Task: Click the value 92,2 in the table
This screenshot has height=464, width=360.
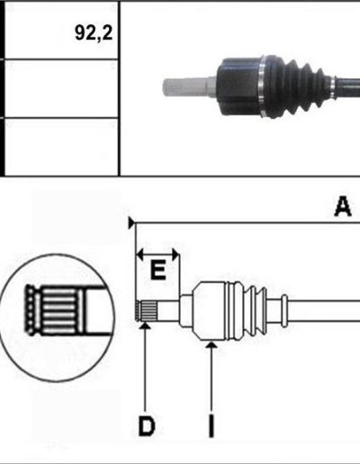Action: pyautogui.click(x=94, y=32)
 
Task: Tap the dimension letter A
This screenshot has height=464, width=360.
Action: pyautogui.click(x=343, y=206)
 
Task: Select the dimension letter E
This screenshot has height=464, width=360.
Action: pyautogui.click(x=157, y=270)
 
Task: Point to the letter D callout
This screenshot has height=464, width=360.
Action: pyautogui.click(x=147, y=426)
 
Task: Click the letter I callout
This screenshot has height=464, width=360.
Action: pyautogui.click(x=211, y=426)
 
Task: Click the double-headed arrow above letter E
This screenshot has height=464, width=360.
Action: pyautogui.click(x=157, y=255)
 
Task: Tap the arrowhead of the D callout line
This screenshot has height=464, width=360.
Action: pyautogui.click(x=145, y=326)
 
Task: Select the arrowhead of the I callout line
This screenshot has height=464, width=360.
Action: pyautogui.click(x=211, y=345)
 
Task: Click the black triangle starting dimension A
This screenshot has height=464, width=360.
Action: pyautogui.click(x=131, y=223)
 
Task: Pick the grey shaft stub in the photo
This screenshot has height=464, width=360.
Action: pyautogui.click(x=189, y=87)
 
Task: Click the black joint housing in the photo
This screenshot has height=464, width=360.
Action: pyautogui.click(x=238, y=86)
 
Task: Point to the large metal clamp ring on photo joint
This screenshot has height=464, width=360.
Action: pyautogui.click(x=262, y=86)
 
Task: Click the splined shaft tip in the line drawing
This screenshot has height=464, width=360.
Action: pyautogui.click(x=147, y=311)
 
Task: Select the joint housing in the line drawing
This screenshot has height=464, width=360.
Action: pyautogui.click(x=210, y=311)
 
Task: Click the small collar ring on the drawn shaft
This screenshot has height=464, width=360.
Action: pyautogui.click(x=284, y=311)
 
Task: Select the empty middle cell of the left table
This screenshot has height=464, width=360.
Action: pyautogui.click(x=61, y=88)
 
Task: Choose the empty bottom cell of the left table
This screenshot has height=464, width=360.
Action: pyautogui.click(x=61, y=147)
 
